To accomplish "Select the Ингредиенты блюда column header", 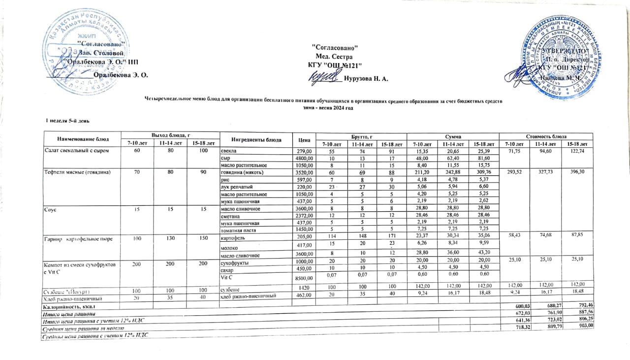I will pyautogui.click(x=255, y=139).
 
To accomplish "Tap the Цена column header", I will pyautogui.click(x=302, y=139).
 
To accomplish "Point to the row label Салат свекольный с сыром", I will pyautogui.click(x=76, y=150).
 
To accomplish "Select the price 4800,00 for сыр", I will pyautogui.click(x=303, y=158).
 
